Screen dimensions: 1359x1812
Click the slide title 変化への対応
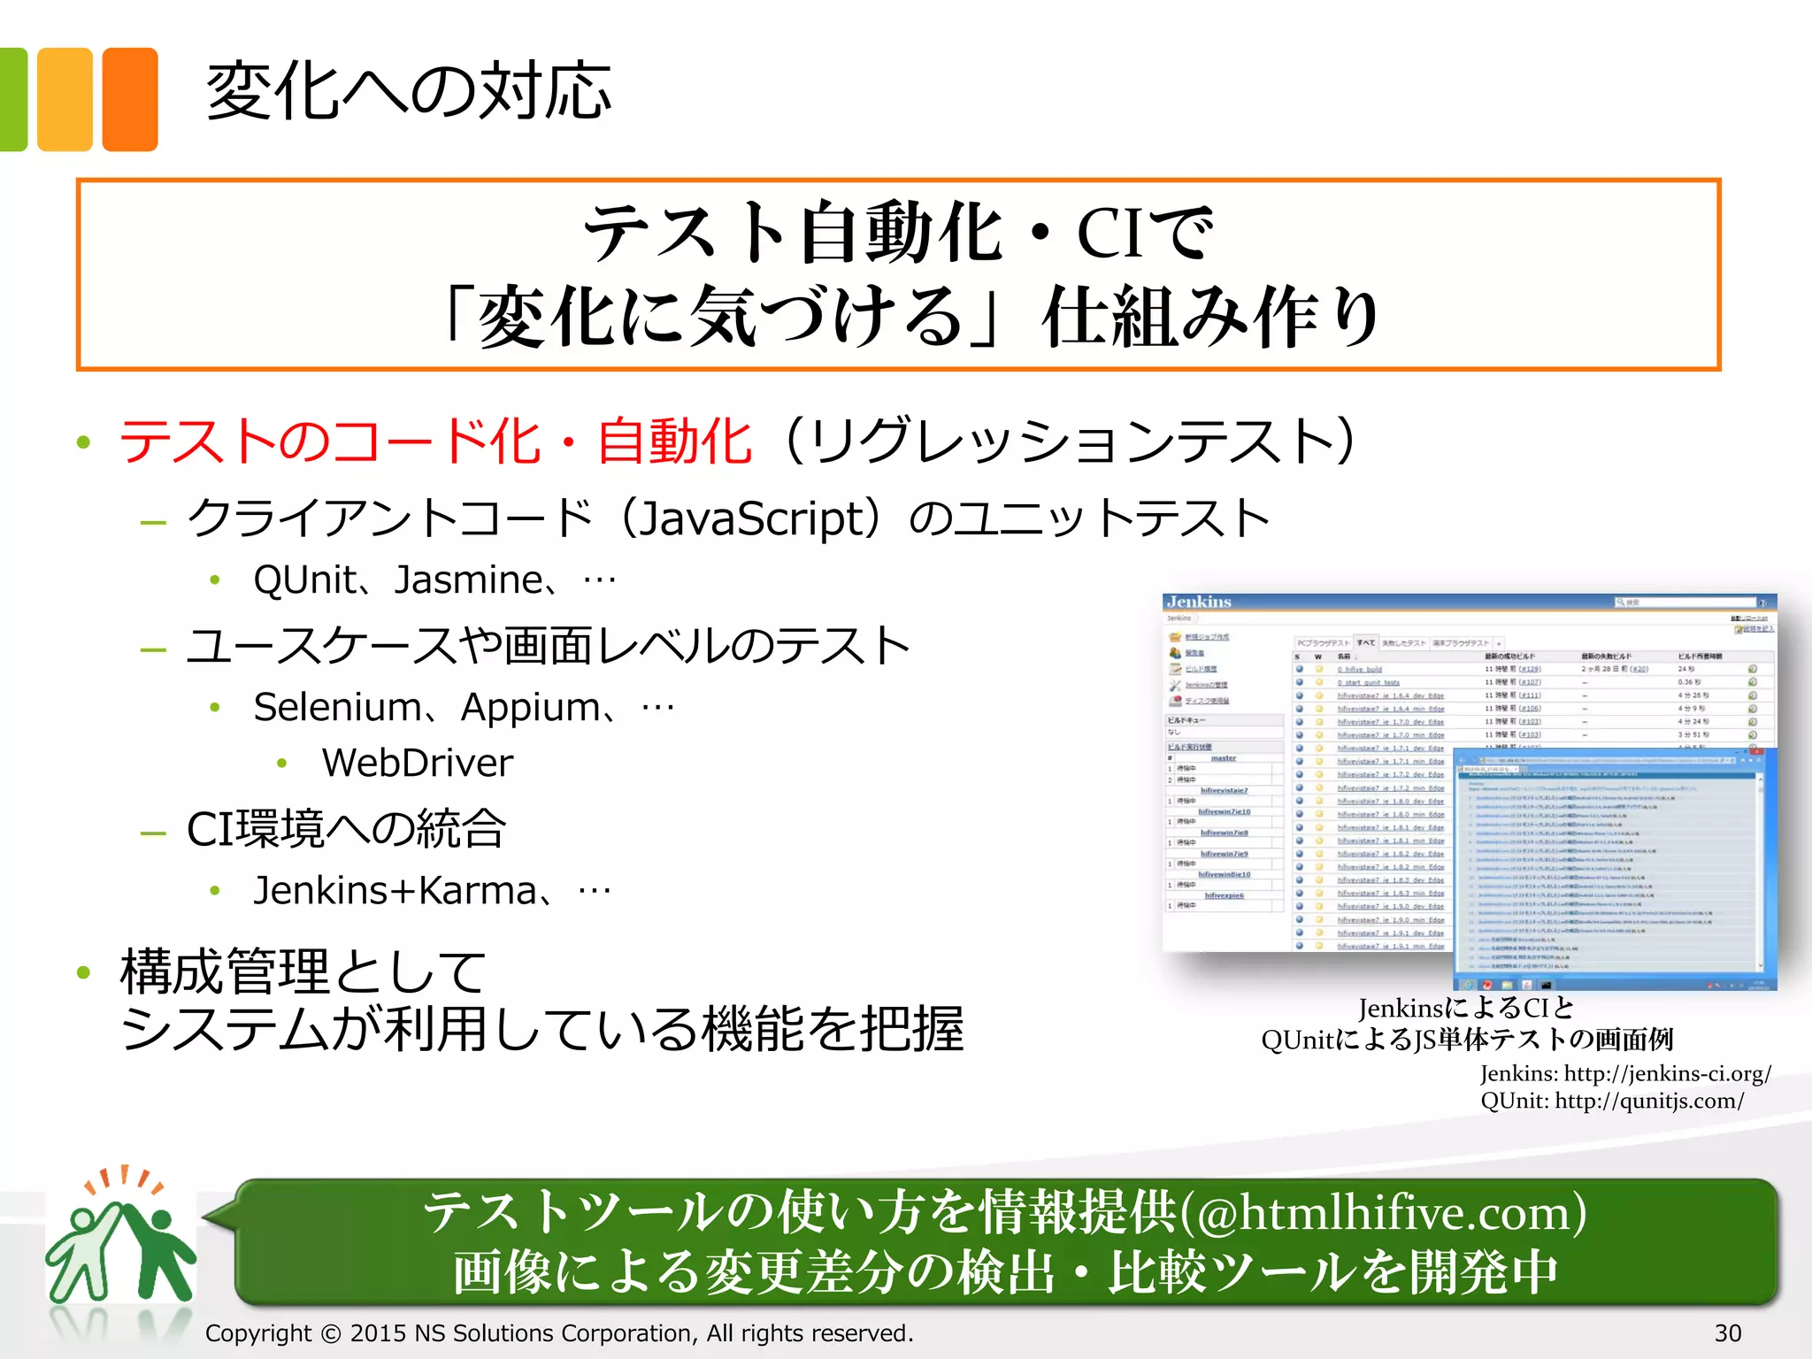[x=408, y=91]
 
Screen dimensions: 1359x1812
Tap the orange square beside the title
[x=130, y=99]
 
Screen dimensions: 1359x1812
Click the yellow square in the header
[x=65, y=99]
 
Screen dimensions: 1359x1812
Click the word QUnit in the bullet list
[x=304, y=580]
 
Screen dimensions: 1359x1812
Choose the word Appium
[x=531, y=708]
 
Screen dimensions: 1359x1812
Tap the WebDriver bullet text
[x=417, y=763]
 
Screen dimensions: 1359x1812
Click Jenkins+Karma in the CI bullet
[x=395, y=891]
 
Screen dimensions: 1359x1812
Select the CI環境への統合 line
[x=346, y=829]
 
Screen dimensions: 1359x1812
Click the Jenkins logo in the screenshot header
[x=1199, y=602]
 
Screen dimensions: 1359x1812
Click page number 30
[x=1727, y=1333]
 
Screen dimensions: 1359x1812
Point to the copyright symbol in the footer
[x=331, y=1333]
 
